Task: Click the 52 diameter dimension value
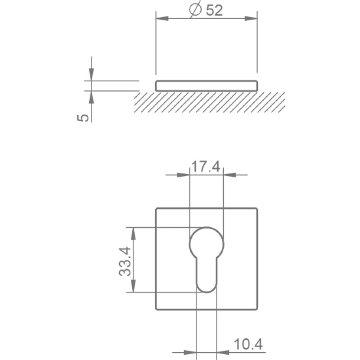(x=214, y=10)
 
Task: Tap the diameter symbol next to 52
(x=195, y=9)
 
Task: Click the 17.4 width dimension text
(x=206, y=166)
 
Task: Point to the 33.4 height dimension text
(x=125, y=261)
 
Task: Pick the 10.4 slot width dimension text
(x=248, y=344)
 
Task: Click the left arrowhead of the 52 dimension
(x=162, y=18)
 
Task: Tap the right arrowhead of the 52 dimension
(x=251, y=18)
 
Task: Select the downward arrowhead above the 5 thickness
(x=91, y=74)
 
